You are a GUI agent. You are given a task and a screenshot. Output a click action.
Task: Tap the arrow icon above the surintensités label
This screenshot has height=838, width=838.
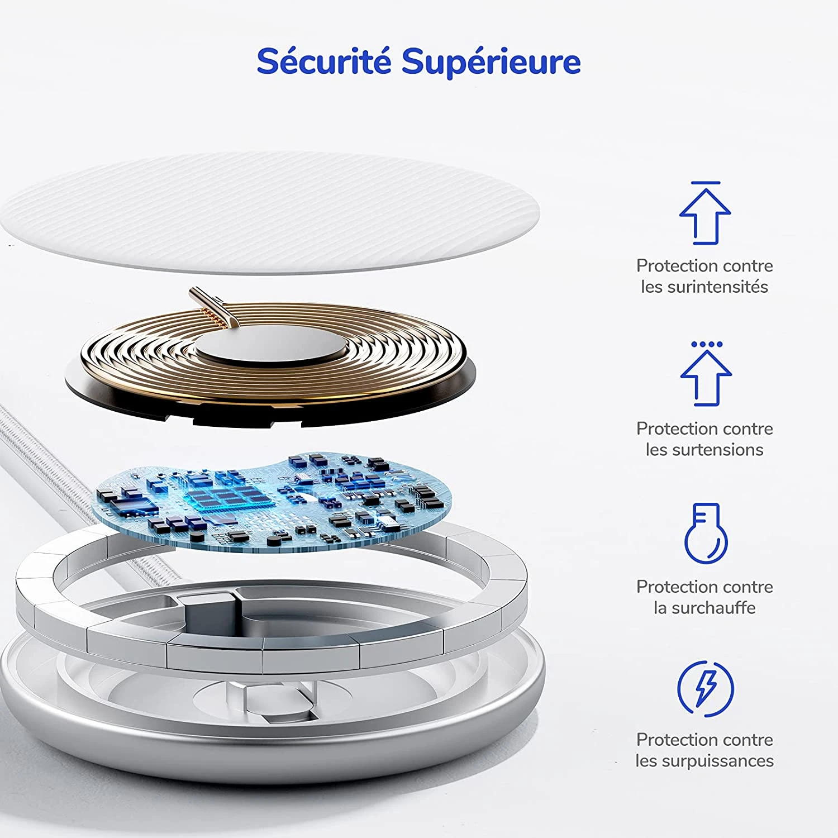(705, 213)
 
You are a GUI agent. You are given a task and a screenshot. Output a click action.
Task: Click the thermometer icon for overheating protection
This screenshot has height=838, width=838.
(706, 533)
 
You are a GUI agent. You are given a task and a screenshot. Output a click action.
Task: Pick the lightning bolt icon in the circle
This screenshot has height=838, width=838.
(706, 688)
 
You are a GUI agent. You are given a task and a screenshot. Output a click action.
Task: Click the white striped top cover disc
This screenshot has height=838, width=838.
(270, 213)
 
